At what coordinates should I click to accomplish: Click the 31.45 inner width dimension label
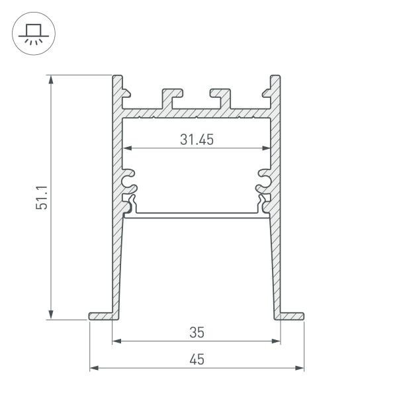[197, 139]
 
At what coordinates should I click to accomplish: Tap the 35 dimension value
[197, 331]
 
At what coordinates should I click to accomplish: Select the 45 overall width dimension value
[197, 359]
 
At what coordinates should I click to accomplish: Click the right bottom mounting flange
[292, 315]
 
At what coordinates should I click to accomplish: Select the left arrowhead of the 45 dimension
[93, 367]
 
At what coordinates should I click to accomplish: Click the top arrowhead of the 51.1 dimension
[51, 79]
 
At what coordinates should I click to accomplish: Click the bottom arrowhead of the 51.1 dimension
[51, 316]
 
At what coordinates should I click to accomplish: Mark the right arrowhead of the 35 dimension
[277, 341]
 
